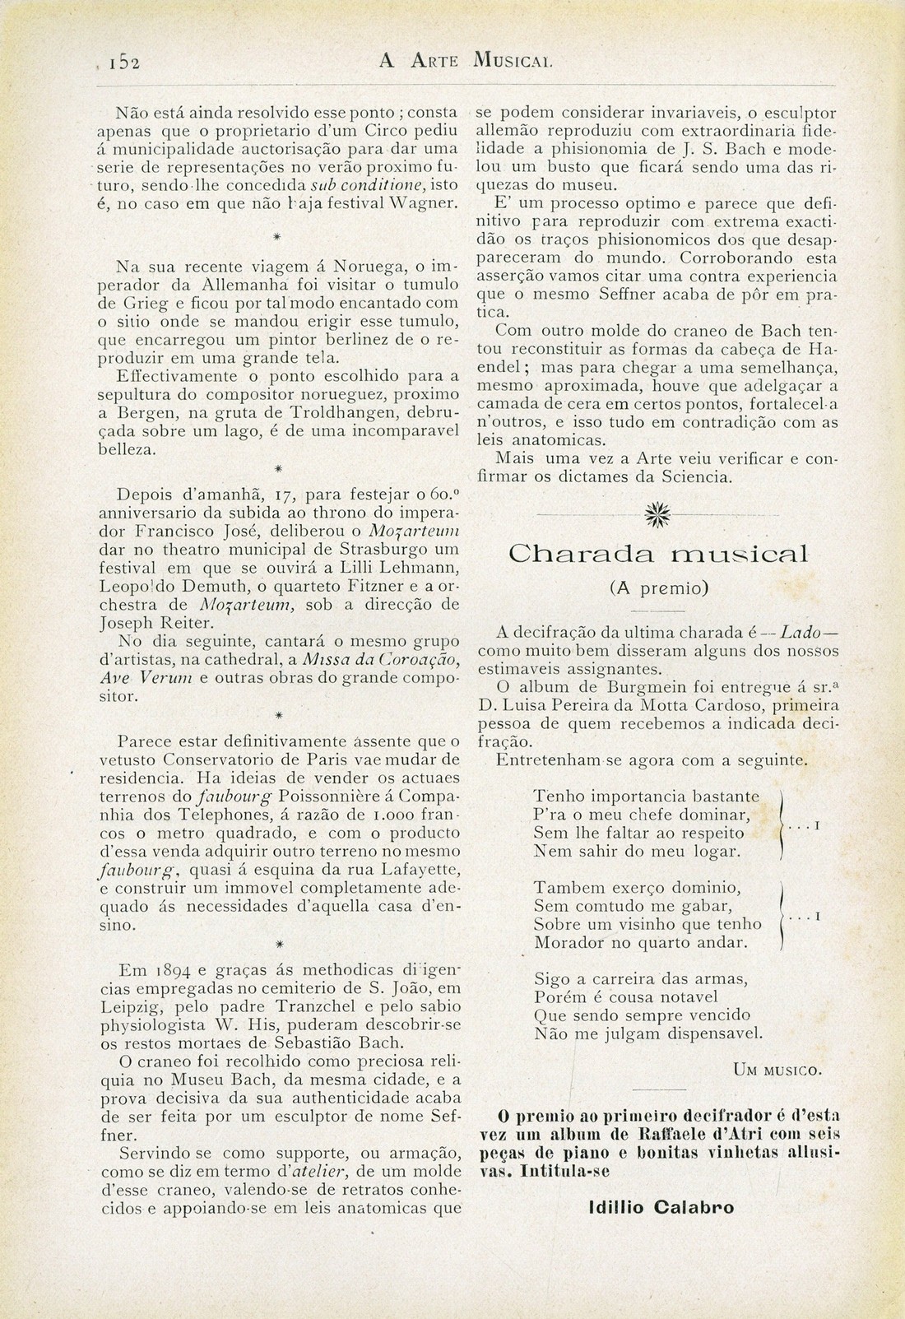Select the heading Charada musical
tap(658, 554)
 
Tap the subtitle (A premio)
tap(658, 588)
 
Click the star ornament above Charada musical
tap(658, 516)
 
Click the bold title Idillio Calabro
tap(662, 1208)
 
